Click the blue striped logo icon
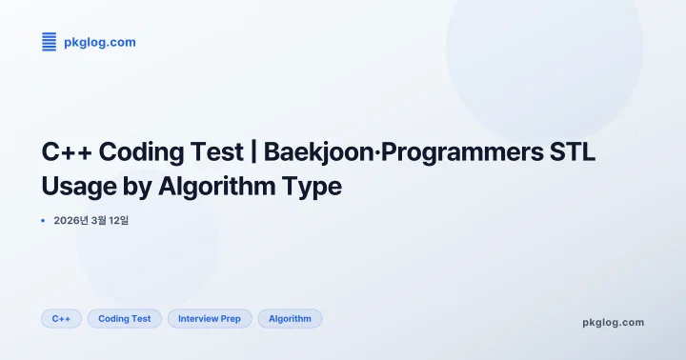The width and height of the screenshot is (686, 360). pyautogui.click(x=49, y=42)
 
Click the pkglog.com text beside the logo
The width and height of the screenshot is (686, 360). pyautogui.click(x=99, y=42)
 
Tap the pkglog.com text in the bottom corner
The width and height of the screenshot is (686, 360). pyautogui.click(x=613, y=322)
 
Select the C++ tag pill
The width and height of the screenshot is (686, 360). pyautogui.click(x=61, y=318)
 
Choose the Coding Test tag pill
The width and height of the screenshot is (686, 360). pyautogui.click(x=125, y=318)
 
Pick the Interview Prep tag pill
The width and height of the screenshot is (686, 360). pyautogui.click(x=210, y=318)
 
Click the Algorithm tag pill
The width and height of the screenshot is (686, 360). pyautogui.click(x=290, y=318)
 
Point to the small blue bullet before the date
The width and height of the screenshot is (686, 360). pyautogui.click(x=43, y=220)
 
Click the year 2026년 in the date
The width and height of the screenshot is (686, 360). pyautogui.click(x=70, y=220)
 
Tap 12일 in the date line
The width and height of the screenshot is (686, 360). pyautogui.click(x=118, y=220)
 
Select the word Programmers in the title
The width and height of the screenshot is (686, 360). pyautogui.click(x=475, y=152)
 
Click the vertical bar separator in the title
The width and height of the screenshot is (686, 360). pyautogui.click(x=252, y=152)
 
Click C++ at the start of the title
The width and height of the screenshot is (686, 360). pyautogui.click(x=66, y=152)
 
